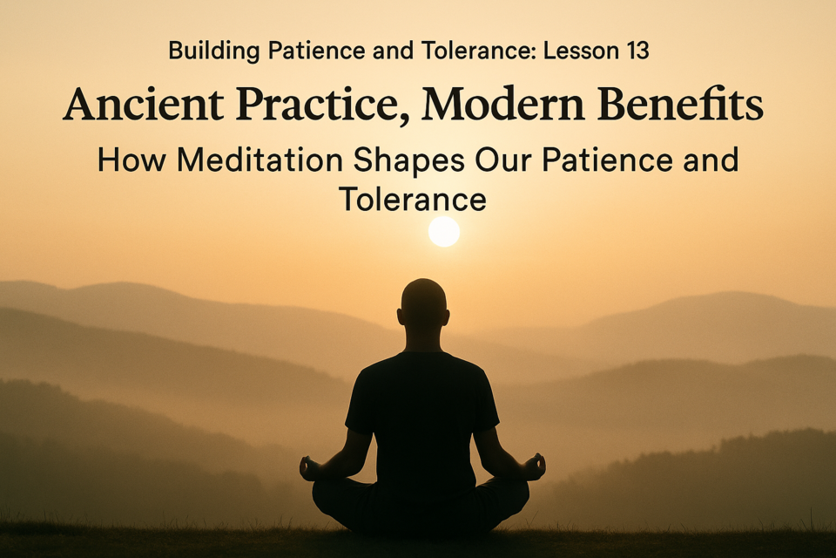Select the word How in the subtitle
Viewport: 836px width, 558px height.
click(x=131, y=160)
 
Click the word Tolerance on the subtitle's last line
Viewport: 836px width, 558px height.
click(x=412, y=199)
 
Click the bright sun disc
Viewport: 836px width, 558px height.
click(x=444, y=232)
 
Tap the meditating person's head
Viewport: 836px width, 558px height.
click(x=424, y=303)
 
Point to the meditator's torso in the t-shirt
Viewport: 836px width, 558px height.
click(x=422, y=417)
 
